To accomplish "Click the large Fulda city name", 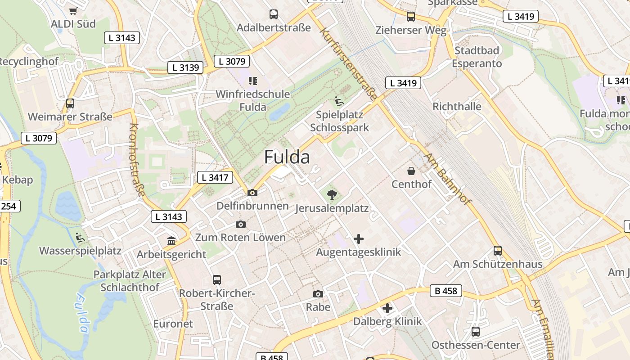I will [x=287, y=157].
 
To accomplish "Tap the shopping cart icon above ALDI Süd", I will [x=73, y=11].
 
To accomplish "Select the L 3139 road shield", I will [x=185, y=67].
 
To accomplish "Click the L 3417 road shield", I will [x=215, y=177].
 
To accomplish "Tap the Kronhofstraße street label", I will [x=137, y=160].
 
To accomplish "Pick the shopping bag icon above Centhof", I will [x=411, y=171].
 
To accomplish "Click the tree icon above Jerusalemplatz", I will [x=332, y=195].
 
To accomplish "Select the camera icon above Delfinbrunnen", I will [x=252, y=193].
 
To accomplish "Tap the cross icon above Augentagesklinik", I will [x=359, y=238].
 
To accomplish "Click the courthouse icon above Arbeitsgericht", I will [x=171, y=241].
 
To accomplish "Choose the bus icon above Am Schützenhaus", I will [x=497, y=251].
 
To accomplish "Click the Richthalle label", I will [x=457, y=107].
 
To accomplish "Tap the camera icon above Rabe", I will [x=318, y=294].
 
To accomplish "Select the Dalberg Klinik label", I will [x=387, y=321].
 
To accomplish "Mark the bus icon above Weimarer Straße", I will [x=70, y=103].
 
